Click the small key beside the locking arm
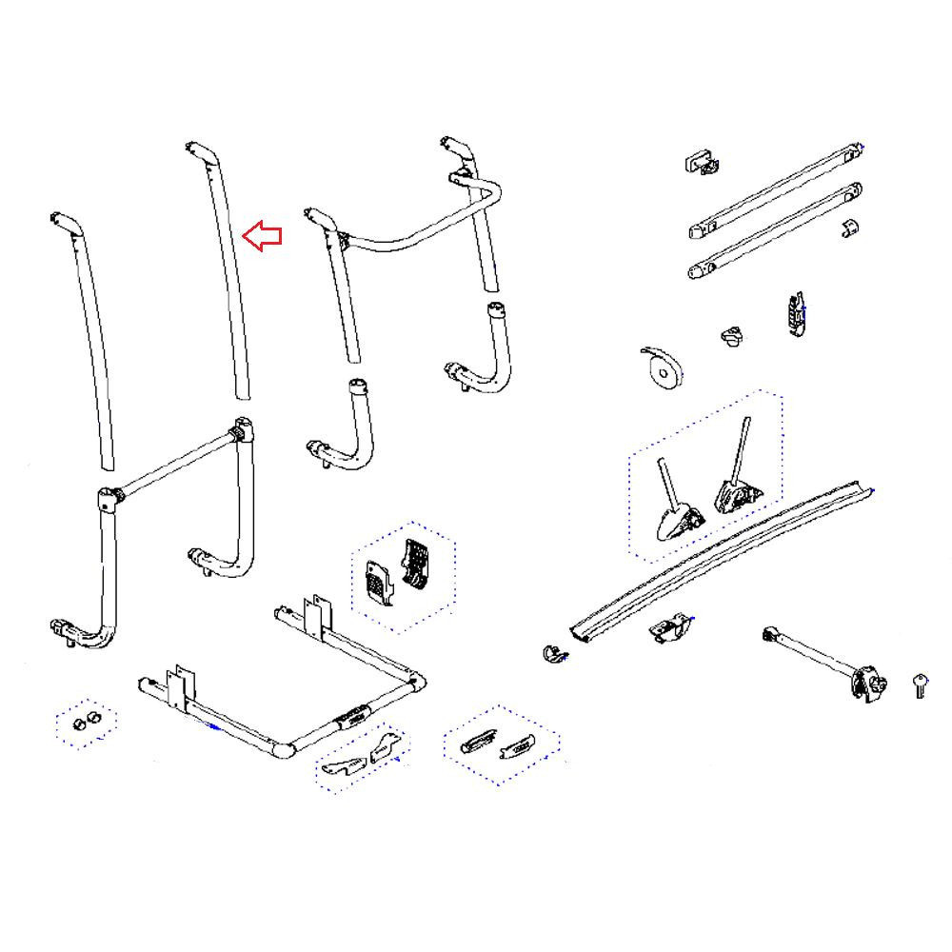click(920, 684)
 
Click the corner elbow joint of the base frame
click(282, 748)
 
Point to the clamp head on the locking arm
click(867, 684)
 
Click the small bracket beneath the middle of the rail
click(670, 629)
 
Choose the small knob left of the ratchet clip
click(731, 336)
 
